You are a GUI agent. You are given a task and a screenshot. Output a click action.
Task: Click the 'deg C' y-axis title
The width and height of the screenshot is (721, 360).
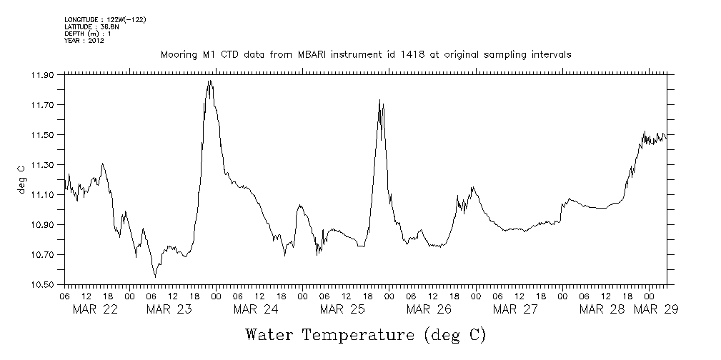tap(21, 179)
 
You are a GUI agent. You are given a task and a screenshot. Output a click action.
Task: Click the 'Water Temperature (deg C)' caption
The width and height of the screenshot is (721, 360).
tap(365, 334)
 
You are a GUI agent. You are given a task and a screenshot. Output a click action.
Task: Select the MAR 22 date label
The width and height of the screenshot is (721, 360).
tap(96, 309)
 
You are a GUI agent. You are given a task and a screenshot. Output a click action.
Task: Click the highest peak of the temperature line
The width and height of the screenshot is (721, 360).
tap(209, 81)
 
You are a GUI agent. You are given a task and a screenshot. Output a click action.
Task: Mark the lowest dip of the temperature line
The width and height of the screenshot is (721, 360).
tap(155, 276)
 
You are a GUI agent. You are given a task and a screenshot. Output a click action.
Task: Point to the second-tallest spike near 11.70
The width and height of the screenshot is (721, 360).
tap(379, 100)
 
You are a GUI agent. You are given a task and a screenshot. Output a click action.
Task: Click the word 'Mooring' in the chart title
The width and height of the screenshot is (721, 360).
tap(178, 54)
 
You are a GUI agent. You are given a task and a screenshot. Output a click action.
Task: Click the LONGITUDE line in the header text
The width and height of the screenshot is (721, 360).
tap(105, 19)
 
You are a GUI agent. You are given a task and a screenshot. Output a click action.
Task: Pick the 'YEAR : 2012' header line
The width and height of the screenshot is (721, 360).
tap(84, 41)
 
